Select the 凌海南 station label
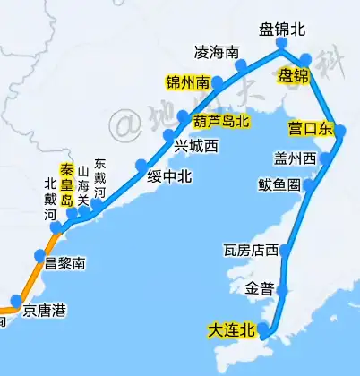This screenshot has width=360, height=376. [216, 51]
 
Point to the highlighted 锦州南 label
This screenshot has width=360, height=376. [188, 82]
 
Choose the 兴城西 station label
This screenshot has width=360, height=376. [196, 146]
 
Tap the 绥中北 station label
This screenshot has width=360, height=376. [170, 176]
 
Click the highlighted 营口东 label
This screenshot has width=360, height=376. [309, 127]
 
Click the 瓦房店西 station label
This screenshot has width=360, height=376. [252, 251]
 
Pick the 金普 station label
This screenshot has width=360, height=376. [259, 289]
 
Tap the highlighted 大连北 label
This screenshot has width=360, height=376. [231, 330]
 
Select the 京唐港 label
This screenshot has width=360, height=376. [45, 312]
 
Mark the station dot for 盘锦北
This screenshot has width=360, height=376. [281, 43]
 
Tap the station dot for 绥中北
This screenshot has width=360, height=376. [141, 165]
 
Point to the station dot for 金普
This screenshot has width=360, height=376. [281, 290]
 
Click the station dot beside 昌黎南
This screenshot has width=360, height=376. [39, 257]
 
